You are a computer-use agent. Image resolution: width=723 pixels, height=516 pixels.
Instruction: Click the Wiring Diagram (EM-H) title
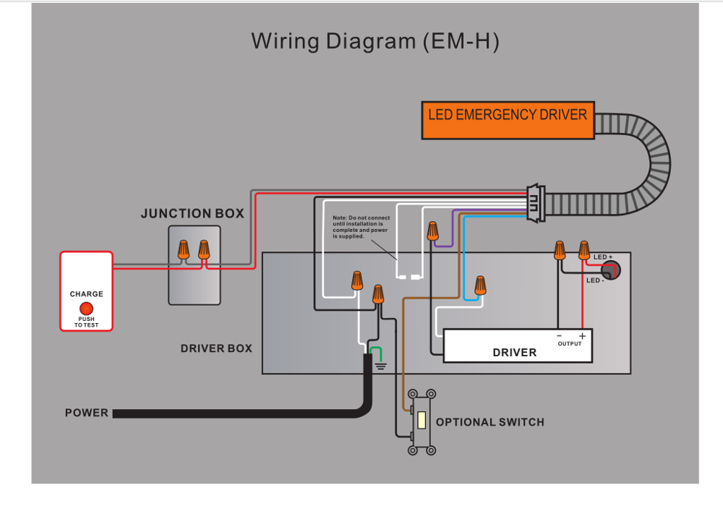point(375,41)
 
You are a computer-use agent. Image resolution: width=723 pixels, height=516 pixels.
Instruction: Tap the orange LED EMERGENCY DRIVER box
point(508,119)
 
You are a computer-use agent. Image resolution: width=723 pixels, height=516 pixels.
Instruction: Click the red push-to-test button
point(86,308)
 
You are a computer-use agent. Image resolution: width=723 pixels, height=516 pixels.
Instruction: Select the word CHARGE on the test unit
point(86,294)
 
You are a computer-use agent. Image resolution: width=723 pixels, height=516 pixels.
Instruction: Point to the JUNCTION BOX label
point(192,214)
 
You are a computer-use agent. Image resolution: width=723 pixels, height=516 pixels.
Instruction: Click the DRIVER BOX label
point(216,348)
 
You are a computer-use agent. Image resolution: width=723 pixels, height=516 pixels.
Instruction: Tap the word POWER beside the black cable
point(87,413)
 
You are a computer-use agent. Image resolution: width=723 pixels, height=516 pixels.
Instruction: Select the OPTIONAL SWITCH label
point(489,422)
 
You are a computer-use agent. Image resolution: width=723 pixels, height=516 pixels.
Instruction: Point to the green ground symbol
point(377,358)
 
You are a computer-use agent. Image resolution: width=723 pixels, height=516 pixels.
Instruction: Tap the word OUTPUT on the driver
point(570,344)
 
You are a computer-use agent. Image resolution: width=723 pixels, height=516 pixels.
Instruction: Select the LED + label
point(603,257)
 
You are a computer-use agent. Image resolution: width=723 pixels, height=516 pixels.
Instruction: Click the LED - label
point(595,280)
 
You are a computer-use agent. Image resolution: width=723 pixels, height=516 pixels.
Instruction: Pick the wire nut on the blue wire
point(479,285)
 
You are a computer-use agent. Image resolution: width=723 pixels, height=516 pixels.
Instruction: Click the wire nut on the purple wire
point(432,231)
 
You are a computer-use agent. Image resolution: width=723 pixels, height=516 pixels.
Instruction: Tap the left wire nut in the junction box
point(184,249)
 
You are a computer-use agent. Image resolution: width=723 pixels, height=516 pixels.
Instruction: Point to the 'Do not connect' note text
point(361,227)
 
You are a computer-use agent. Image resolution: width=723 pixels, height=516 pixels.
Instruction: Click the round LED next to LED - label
point(612,270)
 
